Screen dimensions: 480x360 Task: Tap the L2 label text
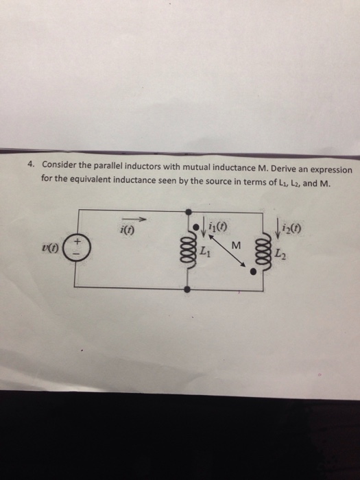pos(277,256)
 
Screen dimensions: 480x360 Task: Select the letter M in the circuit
pos(235,245)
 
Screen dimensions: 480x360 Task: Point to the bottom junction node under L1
pos(190,290)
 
